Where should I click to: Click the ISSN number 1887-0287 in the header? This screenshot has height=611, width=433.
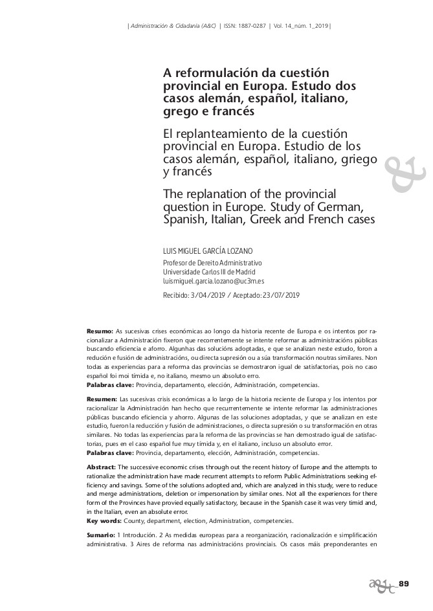tap(254, 26)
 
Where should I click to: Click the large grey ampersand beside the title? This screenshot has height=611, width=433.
tap(405, 172)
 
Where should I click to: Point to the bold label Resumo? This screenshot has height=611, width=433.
tap(100, 331)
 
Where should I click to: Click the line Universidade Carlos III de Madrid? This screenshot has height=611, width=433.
tap(209, 272)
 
